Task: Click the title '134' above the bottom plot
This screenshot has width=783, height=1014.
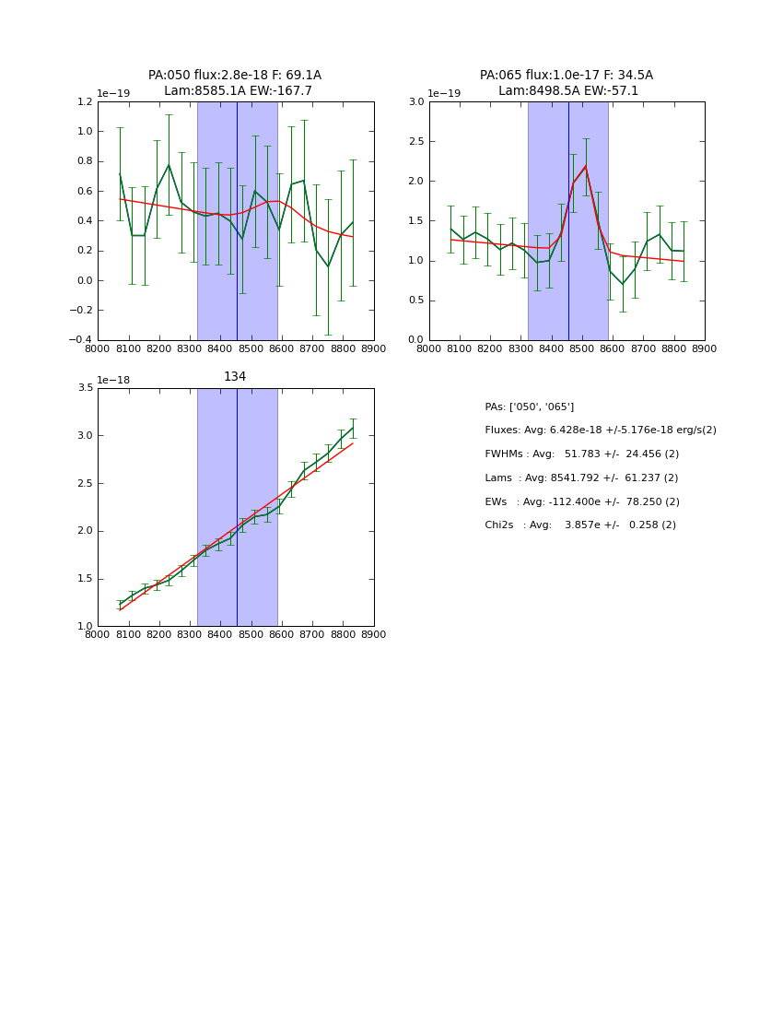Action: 235,377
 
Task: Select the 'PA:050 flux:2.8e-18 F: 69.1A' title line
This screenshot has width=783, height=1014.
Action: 235,76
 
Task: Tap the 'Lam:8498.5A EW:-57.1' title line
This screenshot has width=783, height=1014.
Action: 567,91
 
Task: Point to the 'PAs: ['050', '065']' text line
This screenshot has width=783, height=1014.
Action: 529,407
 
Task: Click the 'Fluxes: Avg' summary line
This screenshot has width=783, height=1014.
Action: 600,430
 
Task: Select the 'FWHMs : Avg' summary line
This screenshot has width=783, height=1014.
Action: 581,454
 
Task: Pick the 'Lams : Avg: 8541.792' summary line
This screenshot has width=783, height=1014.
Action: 581,478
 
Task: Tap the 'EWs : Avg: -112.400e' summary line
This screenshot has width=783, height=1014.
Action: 581,502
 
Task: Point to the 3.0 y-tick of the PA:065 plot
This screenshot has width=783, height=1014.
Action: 415,102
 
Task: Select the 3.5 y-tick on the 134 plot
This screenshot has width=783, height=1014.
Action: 84,388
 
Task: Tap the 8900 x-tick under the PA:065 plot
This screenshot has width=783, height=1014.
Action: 705,348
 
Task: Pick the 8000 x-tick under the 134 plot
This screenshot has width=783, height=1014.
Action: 98,634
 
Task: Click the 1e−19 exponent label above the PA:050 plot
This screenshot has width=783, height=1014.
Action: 113,94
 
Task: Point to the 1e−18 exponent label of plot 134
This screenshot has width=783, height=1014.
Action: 113,380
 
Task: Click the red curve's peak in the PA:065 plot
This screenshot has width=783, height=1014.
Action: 585,167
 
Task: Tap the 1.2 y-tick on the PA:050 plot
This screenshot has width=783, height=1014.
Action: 84,102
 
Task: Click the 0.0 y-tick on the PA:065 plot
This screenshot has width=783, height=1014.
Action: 415,340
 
